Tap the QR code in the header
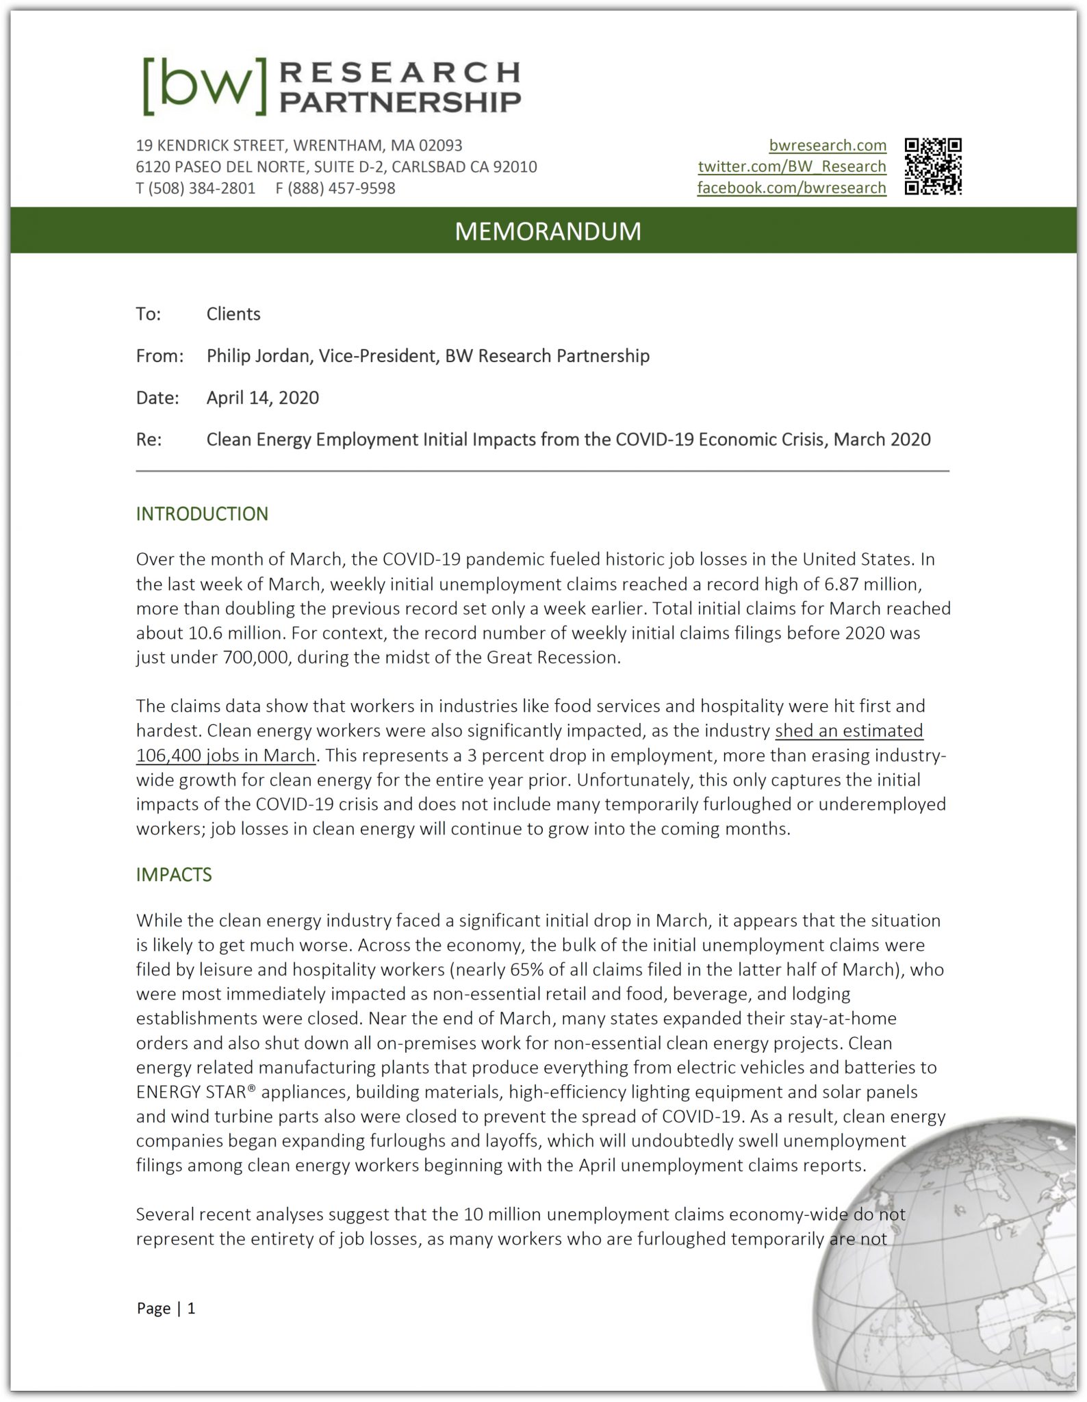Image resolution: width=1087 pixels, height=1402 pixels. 933,166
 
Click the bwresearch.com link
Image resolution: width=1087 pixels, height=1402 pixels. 827,145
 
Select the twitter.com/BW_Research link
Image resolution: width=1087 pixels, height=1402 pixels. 791,166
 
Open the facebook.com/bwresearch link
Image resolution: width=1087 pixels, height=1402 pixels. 791,188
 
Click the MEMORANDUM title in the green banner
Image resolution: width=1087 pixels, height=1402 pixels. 548,231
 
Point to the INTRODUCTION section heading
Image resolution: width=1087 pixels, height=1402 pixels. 202,514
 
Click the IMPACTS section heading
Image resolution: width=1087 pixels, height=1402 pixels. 174,875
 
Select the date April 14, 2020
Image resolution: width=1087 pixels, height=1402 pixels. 262,398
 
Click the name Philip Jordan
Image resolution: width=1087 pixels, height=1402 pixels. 259,356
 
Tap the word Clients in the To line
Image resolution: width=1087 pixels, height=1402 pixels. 233,314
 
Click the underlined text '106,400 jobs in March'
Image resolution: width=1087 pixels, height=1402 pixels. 225,756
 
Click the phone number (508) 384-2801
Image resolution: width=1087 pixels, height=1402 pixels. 201,188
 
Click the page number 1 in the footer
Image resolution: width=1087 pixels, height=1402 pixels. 192,1308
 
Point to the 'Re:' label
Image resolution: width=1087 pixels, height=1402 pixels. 149,439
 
